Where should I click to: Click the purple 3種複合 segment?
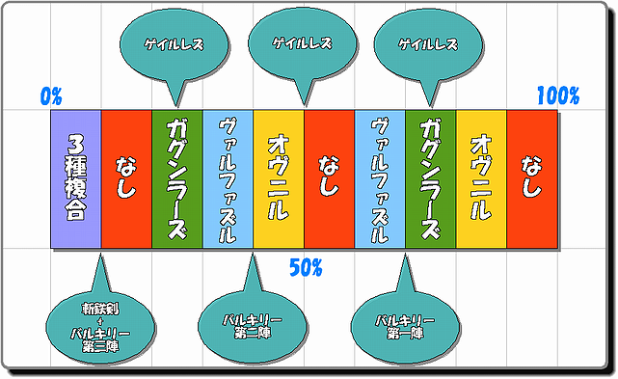click(x=76, y=179)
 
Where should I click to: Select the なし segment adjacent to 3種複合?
click(x=126, y=179)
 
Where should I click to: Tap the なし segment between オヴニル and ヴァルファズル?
click(x=329, y=179)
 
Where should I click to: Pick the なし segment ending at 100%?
click(x=532, y=179)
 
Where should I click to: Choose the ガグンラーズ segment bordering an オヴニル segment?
click(x=431, y=179)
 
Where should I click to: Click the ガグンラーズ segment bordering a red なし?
click(x=177, y=179)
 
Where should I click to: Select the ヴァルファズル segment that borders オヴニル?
click(x=228, y=179)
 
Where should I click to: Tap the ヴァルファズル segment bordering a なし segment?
click(x=380, y=179)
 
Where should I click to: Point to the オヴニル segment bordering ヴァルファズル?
click(x=279, y=179)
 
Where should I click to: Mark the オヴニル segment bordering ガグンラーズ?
click(x=481, y=179)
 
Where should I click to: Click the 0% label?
click(x=51, y=95)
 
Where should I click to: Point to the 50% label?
click(x=306, y=268)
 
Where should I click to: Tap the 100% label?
click(x=558, y=95)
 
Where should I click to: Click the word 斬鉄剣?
click(x=100, y=309)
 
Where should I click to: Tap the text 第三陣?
click(x=100, y=346)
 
